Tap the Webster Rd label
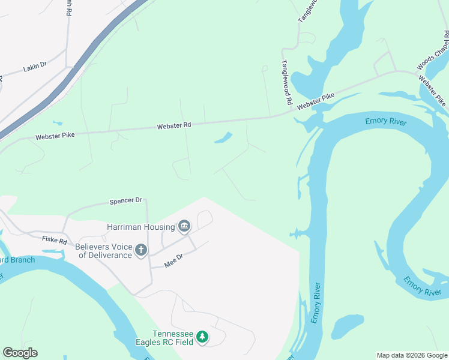coord(174,126)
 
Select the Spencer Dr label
coord(125,201)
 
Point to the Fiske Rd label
coord(53,239)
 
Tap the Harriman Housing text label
coord(140,227)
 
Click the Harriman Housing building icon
coord(184,226)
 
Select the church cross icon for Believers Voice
coord(141,250)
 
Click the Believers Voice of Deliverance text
coord(103,251)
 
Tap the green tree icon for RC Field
coord(203,337)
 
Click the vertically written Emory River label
coord(316,302)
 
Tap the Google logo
coord(20,353)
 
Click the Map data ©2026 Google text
coord(412,355)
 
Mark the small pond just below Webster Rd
coord(223,138)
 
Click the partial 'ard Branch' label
coord(17,260)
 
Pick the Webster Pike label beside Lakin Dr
coord(55,136)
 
